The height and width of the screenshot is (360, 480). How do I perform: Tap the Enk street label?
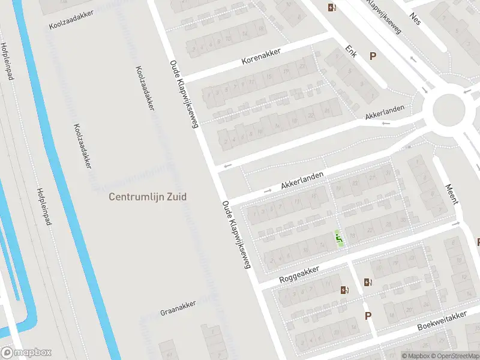351,52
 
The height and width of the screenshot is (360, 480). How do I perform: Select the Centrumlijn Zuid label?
148,196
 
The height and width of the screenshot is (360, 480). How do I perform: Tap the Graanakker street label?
178,312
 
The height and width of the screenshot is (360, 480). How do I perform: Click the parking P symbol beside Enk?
373,56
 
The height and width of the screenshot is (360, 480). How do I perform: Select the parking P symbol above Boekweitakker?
368,316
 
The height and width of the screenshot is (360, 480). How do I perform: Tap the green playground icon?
339,239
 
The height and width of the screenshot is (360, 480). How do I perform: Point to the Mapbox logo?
26,353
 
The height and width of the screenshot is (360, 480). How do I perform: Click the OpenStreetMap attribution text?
454,356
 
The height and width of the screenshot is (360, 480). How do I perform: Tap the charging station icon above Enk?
332,7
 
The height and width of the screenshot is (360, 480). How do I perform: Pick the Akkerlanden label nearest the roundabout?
385,113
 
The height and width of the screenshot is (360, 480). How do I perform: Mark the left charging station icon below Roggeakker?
344,290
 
